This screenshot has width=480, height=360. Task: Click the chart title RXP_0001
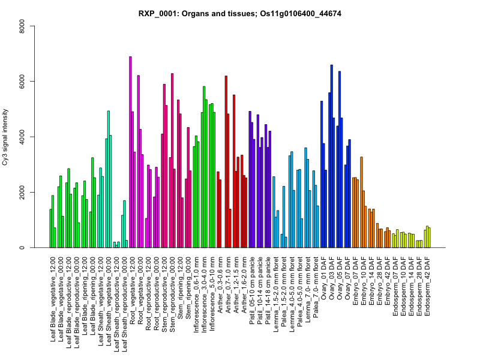(x=240, y=13)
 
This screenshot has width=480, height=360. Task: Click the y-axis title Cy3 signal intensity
(x=22, y=137)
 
